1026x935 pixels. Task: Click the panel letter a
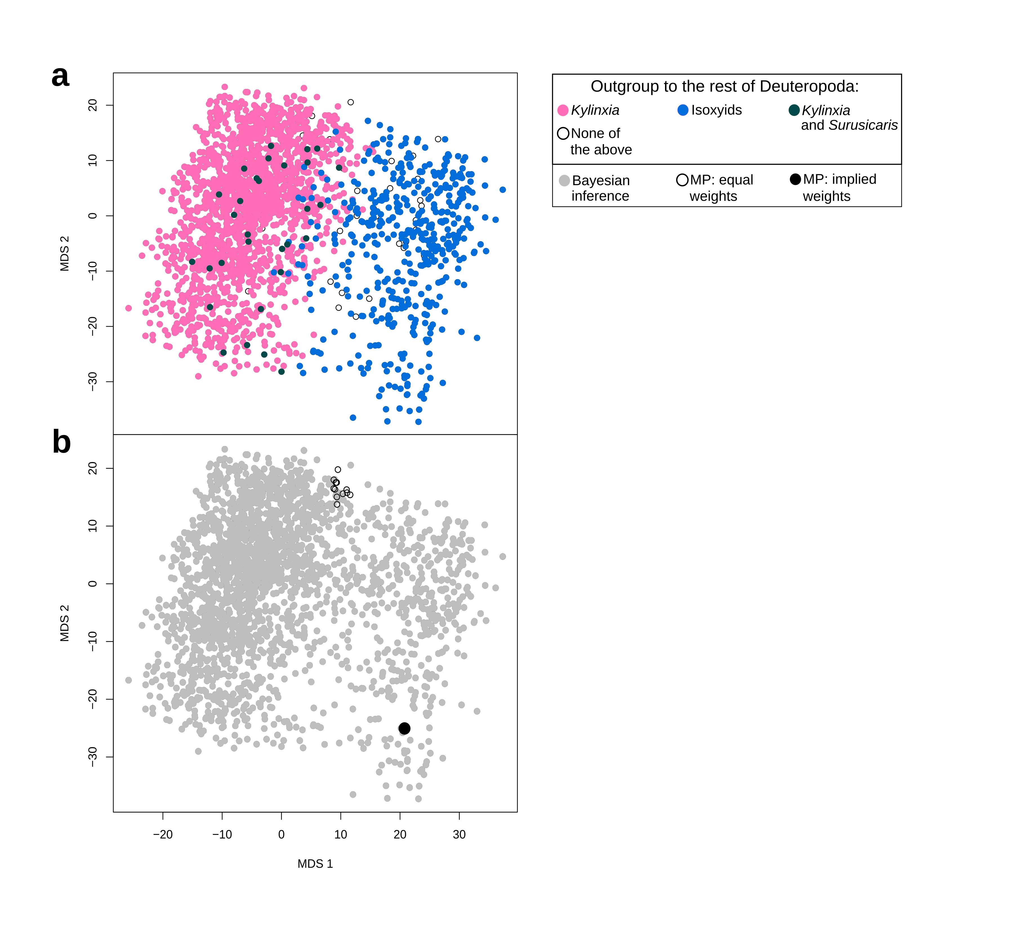coord(61,77)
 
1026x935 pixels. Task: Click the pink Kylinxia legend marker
coord(563,110)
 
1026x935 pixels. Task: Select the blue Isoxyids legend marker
coord(683,110)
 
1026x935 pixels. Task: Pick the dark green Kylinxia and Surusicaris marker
coord(794,110)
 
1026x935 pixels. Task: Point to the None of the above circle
coord(563,133)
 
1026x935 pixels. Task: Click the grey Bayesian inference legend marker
coord(564,181)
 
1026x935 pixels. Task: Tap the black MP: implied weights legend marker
coord(795,179)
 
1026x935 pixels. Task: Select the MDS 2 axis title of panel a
coord(65,253)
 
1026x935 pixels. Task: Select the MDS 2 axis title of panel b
coord(65,623)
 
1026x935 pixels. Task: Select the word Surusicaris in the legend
coord(863,125)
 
